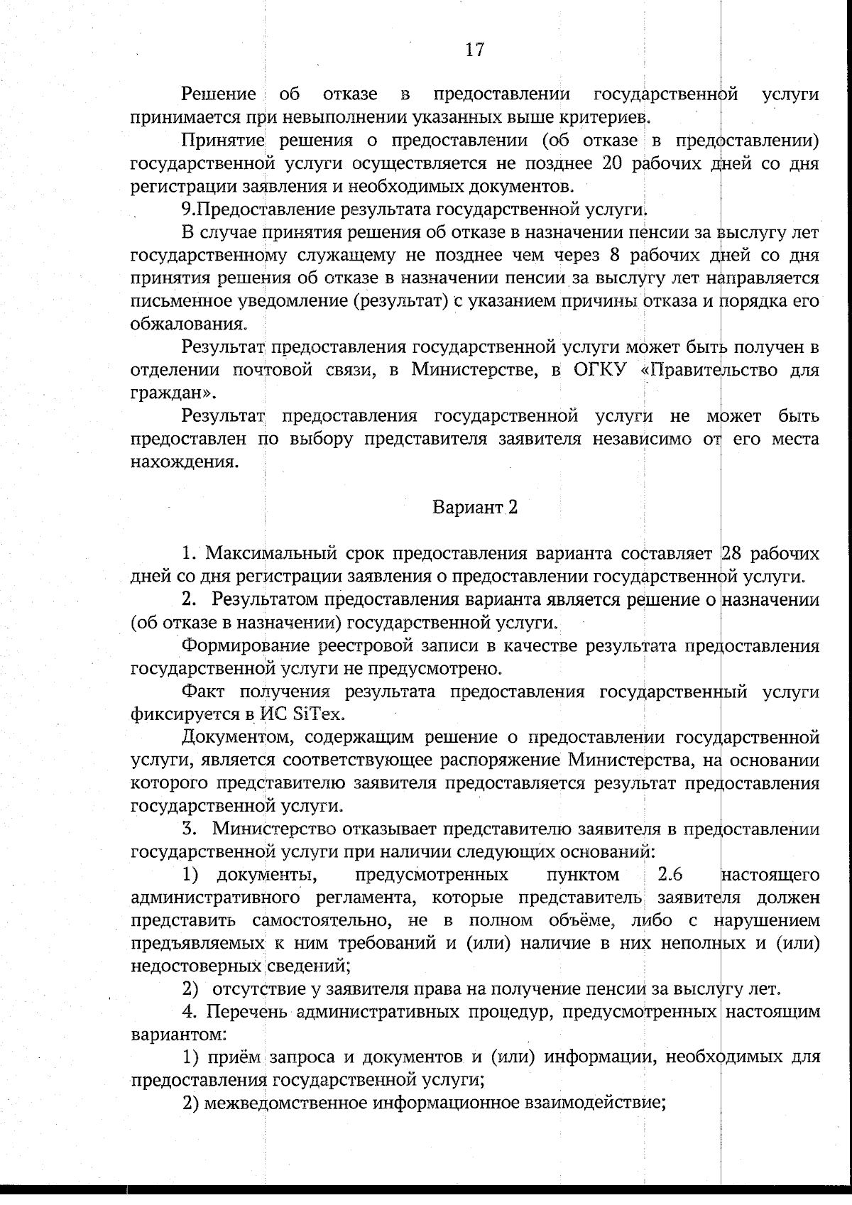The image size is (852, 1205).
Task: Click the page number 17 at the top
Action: (x=474, y=50)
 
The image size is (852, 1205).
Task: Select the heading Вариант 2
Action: (x=475, y=508)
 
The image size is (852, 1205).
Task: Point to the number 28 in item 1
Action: (x=731, y=554)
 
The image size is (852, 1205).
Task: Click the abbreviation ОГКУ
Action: (x=598, y=370)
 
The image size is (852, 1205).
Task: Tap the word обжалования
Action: (x=189, y=325)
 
